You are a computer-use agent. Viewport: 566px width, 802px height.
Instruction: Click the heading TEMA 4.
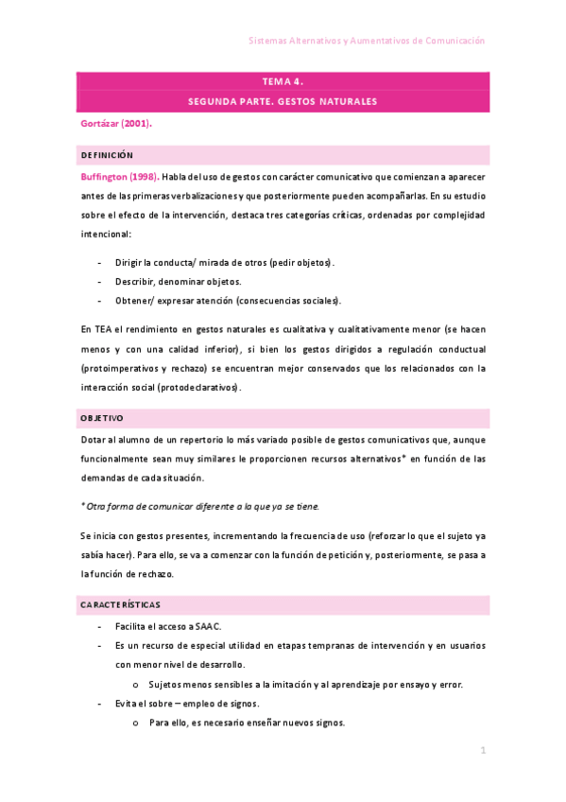[x=283, y=81]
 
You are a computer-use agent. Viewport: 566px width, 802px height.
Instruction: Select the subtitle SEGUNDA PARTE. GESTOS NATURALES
[x=283, y=101]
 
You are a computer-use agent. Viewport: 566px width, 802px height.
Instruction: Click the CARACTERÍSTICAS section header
[x=119, y=603]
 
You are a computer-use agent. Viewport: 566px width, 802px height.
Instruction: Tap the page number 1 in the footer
[x=483, y=751]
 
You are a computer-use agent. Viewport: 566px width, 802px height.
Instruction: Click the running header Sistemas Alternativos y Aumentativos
[x=366, y=41]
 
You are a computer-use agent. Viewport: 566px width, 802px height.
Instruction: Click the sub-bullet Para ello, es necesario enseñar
[x=247, y=723]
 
